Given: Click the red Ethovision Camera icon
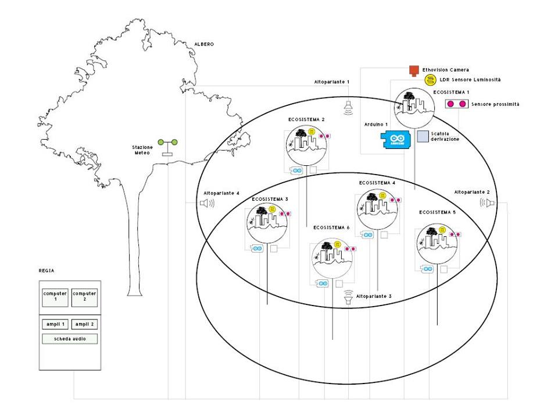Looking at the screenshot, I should point(414,70).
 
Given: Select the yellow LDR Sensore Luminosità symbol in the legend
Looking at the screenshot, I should point(430,80).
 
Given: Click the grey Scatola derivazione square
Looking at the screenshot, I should point(423,136).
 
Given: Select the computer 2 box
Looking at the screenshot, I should point(84,297).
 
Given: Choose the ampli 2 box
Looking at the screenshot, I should point(84,324).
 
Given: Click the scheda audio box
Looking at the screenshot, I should point(69,338).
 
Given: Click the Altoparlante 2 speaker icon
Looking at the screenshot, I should point(487,203).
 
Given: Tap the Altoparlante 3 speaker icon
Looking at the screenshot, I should point(348,297).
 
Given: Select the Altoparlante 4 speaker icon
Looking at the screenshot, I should point(206,203).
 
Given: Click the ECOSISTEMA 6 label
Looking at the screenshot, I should point(331,227).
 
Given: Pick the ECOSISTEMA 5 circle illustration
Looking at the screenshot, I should point(438,244).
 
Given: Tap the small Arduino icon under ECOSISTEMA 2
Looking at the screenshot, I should point(297,170).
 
